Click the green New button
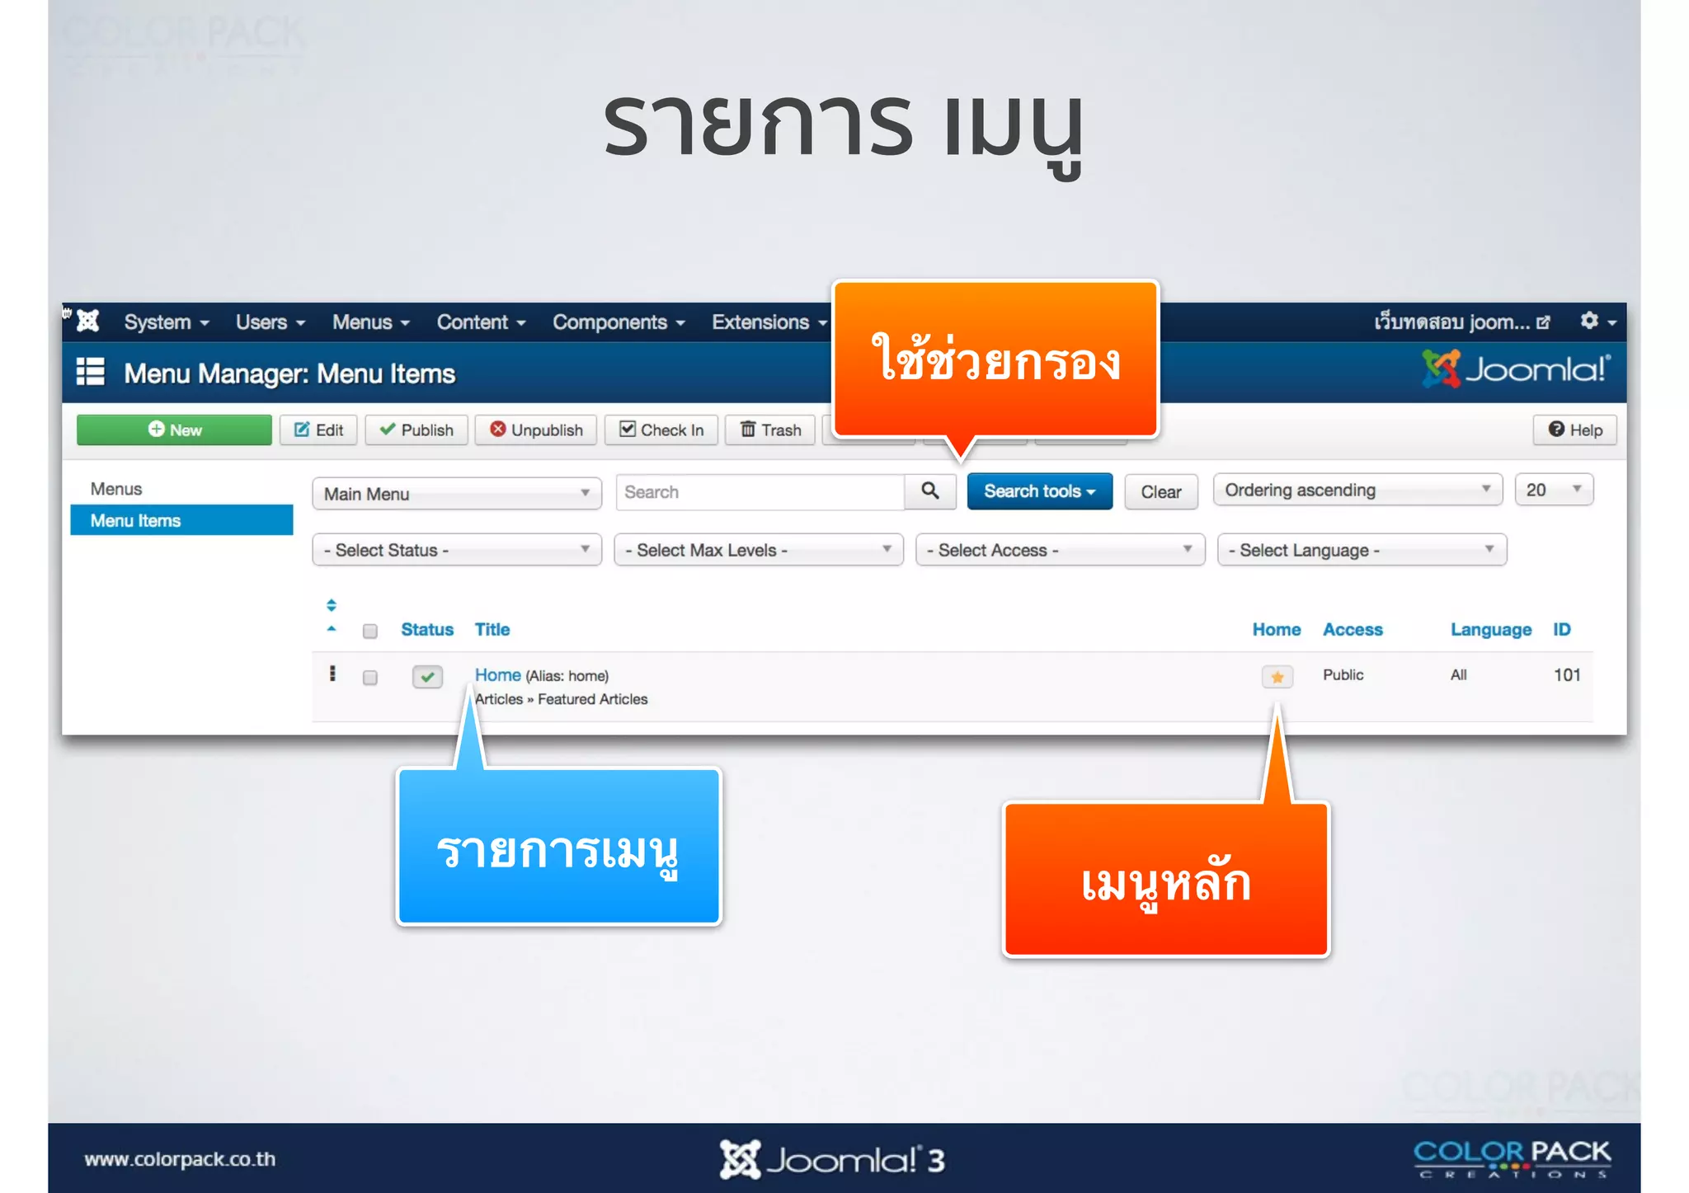point(174,430)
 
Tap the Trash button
point(770,430)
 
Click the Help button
point(1574,430)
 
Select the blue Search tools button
point(1038,491)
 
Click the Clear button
point(1160,492)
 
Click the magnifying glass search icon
point(929,491)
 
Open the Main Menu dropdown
point(456,494)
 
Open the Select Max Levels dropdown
point(758,550)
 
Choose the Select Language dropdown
point(1361,550)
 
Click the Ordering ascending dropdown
point(1357,491)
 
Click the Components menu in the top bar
point(618,322)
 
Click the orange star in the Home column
point(1277,677)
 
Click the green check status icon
point(427,677)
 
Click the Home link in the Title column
point(497,675)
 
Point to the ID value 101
point(1566,675)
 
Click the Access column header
point(1352,630)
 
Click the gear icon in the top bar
point(1589,321)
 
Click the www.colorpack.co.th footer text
point(180,1159)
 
